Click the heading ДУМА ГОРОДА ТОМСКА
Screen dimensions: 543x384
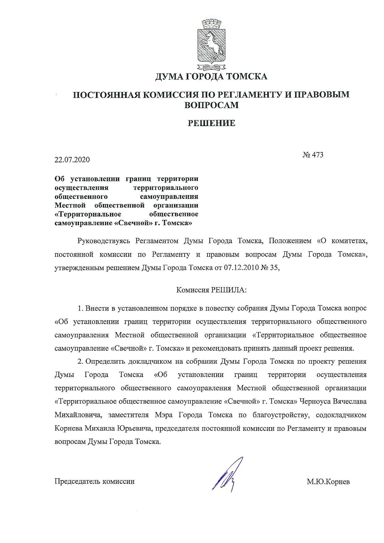[x=211, y=76]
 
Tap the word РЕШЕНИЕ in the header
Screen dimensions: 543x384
[x=212, y=123]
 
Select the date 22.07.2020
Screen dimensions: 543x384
[x=72, y=160]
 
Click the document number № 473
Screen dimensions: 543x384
[x=313, y=155]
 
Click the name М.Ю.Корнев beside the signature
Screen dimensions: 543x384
[x=328, y=482]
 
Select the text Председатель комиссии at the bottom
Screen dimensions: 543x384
[x=94, y=481]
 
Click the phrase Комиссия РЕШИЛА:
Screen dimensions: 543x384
[x=211, y=290]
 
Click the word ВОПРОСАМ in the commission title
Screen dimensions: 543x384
[x=212, y=105]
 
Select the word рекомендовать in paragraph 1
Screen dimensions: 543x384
[x=215, y=348]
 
